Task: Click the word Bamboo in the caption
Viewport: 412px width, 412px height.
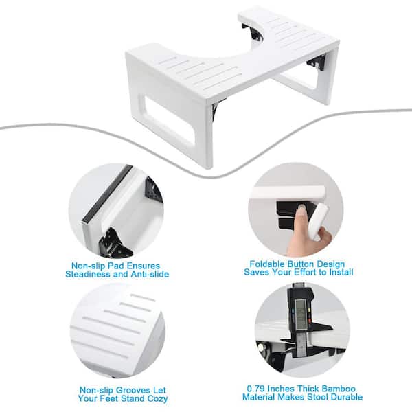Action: click(x=339, y=389)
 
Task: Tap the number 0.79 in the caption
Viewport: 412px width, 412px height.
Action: click(x=256, y=389)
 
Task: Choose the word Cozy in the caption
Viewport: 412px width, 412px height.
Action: click(x=157, y=398)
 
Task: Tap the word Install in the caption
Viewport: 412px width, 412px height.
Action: click(x=341, y=272)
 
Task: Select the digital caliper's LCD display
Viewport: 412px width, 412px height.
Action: click(x=300, y=314)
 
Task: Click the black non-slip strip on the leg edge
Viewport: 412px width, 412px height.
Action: click(x=107, y=194)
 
